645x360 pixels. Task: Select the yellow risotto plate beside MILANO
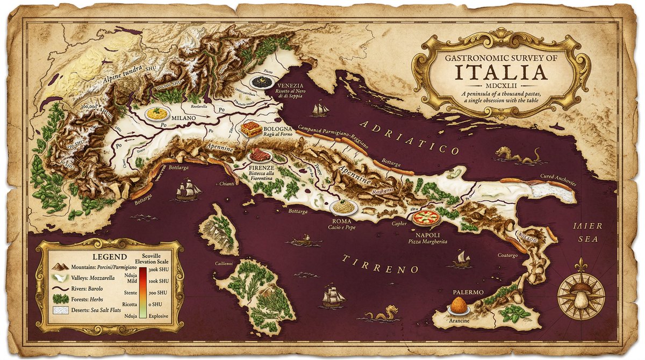(x=157, y=114)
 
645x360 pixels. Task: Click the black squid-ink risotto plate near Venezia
(x=262, y=82)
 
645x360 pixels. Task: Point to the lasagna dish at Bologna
(x=252, y=129)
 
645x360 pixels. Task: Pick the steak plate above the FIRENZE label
(x=261, y=156)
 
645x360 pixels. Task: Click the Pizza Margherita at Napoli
(x=426, y=218)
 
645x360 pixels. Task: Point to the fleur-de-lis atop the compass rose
(x=581, y=265)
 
